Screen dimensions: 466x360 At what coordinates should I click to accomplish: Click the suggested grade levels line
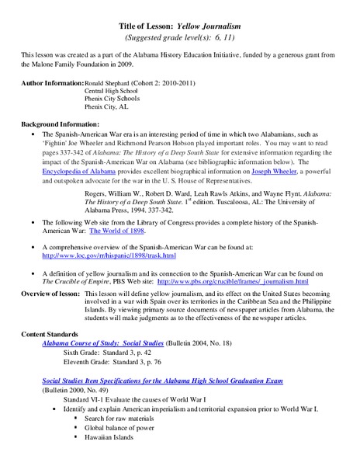(x=180, y=37)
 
